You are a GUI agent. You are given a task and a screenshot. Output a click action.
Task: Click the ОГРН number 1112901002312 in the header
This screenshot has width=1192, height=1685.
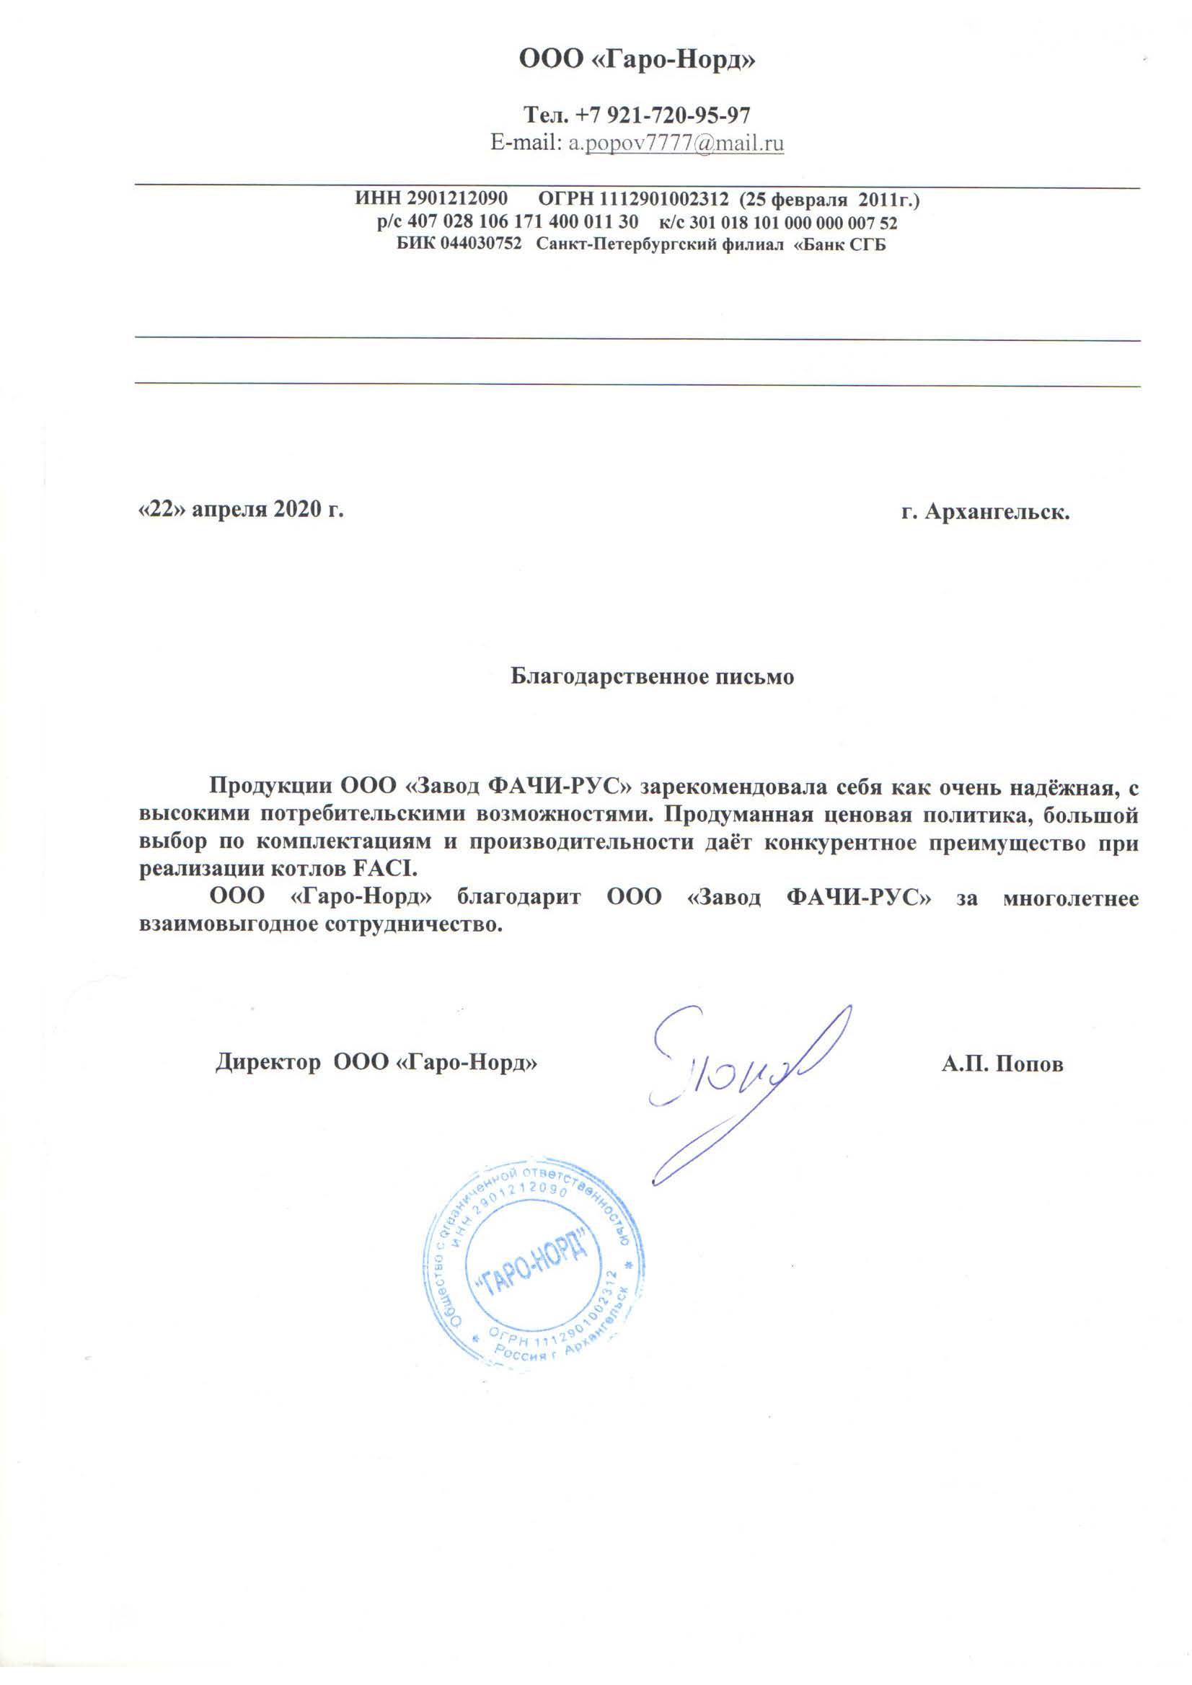pyautogui.click(x=664, y=199)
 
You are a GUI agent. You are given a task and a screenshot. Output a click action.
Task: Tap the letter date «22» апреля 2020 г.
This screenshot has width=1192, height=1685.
pyautogui.click(x=242, y=509)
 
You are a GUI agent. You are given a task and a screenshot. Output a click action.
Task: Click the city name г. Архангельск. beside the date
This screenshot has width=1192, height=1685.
pyautogui.click(x=985, y=511)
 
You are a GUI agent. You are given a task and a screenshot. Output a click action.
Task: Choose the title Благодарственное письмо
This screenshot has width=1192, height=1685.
pyautogui.click(x=652, y=676)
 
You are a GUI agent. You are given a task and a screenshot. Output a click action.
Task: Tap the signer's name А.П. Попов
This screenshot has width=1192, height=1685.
pyautogui.click(x=1002, y=1064)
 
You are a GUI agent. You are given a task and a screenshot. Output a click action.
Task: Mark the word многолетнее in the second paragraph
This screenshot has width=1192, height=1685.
pyautogui.click(x=1070, y=898)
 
